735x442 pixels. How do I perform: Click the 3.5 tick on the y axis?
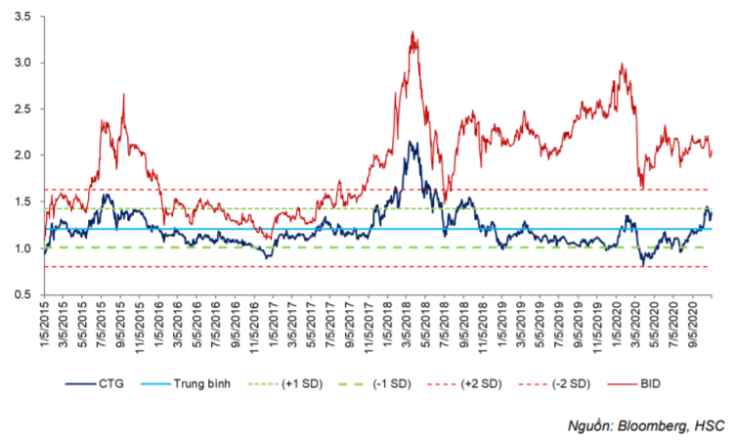click(x=22, y=17)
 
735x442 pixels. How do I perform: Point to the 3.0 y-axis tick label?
click(x=22, y=63)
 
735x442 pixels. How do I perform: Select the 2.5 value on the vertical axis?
click(x=22, y=109)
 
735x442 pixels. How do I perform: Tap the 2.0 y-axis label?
click(x=22, y=155)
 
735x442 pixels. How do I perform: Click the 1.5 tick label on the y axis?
click(x=22, y=201)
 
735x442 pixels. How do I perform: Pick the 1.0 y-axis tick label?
click(x=22, y=247)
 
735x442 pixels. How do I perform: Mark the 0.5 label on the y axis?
click(x=22, y=293)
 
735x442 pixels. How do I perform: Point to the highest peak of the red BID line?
click(x=413, y=32)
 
